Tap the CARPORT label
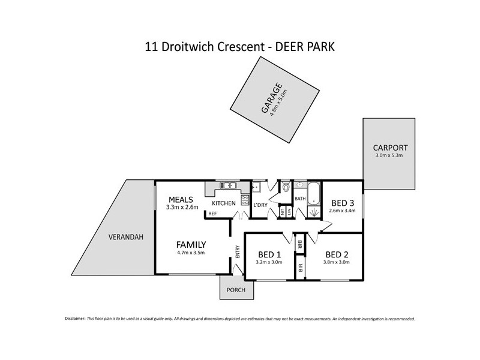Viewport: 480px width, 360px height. tap(390, 148)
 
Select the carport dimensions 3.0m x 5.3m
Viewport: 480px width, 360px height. tap(390, 156)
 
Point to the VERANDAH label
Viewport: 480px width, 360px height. tap(125, 237)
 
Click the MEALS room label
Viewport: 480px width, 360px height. tap(181, 199)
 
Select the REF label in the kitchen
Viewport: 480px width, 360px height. tap(212, 214)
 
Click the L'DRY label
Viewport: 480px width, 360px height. tap(260, 206)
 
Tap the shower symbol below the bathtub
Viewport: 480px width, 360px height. tap(313, 212)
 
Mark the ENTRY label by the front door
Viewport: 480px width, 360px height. tap(238, 253)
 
